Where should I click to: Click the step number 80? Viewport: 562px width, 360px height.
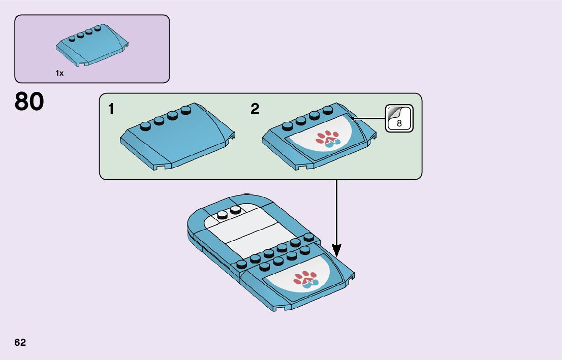pos(29,102)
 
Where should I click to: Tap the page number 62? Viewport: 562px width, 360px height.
pos(20,342)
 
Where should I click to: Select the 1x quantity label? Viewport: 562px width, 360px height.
pos(60,73)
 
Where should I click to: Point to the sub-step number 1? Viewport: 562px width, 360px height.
pos(111,109)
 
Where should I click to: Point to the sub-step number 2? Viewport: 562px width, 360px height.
pos(255,109)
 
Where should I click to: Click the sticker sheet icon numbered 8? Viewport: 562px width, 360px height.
pos(399,118)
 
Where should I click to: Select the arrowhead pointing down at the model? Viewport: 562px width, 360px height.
pos(336,250)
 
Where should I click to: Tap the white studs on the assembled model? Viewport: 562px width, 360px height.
pos(229,212)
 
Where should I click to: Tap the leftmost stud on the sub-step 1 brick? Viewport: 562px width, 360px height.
pos(146,122)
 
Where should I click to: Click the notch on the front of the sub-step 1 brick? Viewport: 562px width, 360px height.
pos(162,167)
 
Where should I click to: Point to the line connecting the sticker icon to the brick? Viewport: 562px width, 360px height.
pos(368,118)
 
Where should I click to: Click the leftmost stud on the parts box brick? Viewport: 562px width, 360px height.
pos(73,37)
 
